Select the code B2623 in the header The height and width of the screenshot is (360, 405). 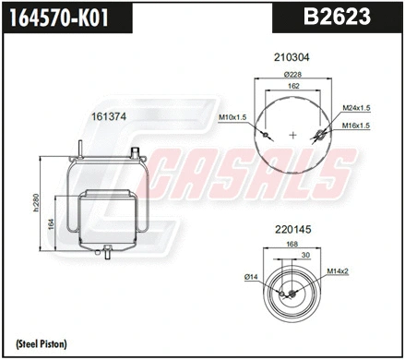tap(338, 17)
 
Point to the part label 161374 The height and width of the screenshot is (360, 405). tap(108, 117)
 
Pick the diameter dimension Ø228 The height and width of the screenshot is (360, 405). tap(292, 75)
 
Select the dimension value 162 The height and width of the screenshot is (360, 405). tap(292, 86)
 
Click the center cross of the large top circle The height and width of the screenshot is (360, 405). tap(293, 135)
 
